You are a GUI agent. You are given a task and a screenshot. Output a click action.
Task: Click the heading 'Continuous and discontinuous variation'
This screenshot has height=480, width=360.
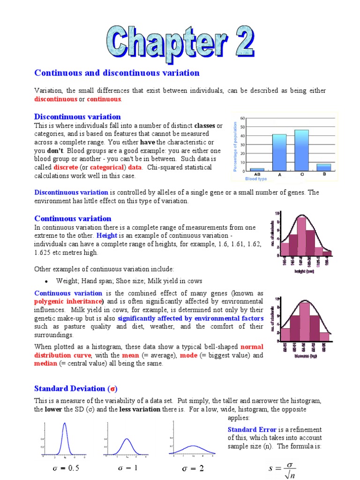point(117,73)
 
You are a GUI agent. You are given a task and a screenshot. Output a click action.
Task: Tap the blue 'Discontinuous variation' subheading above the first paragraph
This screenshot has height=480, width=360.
point(77,117)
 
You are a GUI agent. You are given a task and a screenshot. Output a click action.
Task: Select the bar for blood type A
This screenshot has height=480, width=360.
point(279,152)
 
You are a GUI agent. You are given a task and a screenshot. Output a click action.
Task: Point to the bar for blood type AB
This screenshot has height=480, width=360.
point(257,169)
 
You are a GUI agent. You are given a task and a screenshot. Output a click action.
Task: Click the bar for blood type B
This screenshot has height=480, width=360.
point(324,167)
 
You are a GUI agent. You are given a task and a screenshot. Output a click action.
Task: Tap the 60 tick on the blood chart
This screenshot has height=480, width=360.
point(242,118)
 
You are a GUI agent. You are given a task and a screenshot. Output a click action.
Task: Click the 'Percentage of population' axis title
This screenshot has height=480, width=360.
point(235,146)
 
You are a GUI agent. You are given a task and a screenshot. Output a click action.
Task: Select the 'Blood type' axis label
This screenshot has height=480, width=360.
point(255,179)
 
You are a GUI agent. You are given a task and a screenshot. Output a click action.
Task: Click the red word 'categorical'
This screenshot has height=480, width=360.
point(107,167)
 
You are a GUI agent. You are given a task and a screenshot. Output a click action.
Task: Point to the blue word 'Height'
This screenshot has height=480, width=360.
point(107,235)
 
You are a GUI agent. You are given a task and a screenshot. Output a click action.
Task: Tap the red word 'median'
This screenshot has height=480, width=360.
point(45,363)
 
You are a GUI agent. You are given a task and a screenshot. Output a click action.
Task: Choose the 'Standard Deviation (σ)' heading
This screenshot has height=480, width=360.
point(75,388)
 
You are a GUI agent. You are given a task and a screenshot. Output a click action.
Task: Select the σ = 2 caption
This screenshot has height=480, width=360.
point(193,468)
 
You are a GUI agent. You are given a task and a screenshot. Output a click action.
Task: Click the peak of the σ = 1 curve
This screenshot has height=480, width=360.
point(127,439)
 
